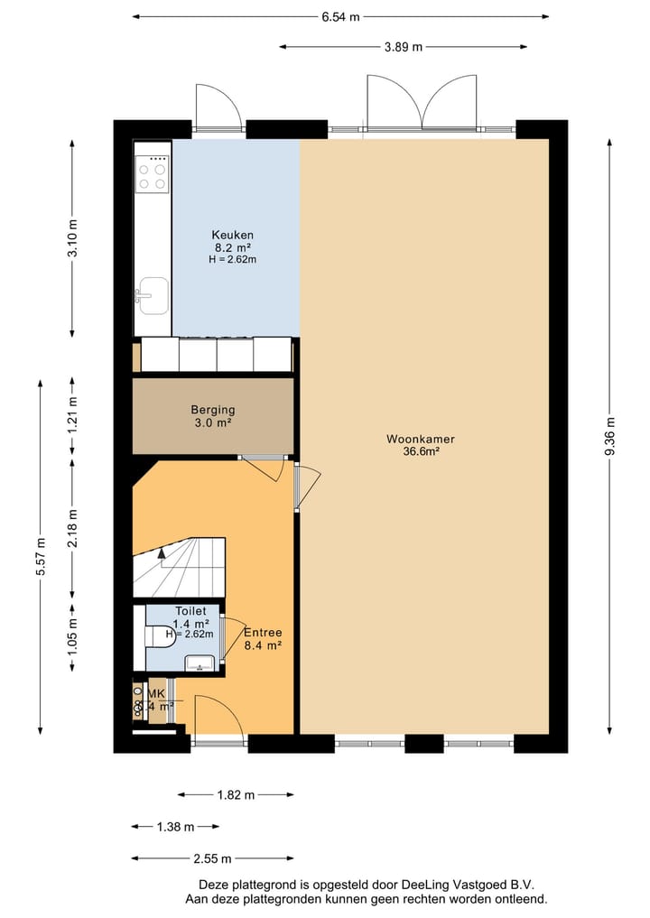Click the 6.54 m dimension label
click(339, 16)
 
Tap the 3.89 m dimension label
click(403, 47)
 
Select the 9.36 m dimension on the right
click(611, 438)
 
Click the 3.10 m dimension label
click(73, 238)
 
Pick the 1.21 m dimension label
click(73, 416)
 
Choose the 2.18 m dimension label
click(73, 528)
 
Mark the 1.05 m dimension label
click(73, 635)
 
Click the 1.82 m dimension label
click(236, 794)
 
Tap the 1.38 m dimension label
click(175, 826)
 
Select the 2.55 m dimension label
click(212, 858)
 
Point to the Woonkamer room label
click(420, 440)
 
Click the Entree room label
click(263, 633)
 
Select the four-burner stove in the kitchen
click(152, 174)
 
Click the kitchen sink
click(152, 295)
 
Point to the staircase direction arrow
click(162, 553)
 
